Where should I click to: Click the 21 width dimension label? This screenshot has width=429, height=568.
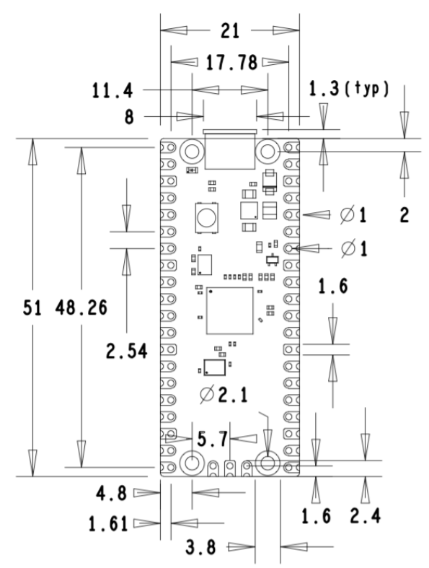(x=230, y=31)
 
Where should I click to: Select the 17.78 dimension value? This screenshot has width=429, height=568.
(x=231, y=62)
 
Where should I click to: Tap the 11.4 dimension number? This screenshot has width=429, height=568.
(x=112, y=90)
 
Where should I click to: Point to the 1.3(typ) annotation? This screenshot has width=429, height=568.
(x=349, y=89)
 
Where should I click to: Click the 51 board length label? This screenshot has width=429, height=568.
(x=32, y=308)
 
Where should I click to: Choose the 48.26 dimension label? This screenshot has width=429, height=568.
(x=81, y=308)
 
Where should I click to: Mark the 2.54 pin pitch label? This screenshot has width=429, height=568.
(x=127, y=351)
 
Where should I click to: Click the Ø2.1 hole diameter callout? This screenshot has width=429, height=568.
(x=224, y=395)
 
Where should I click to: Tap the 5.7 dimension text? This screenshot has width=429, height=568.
(x=213, y=439)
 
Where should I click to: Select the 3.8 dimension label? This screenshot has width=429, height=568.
(x=201, y=547)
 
